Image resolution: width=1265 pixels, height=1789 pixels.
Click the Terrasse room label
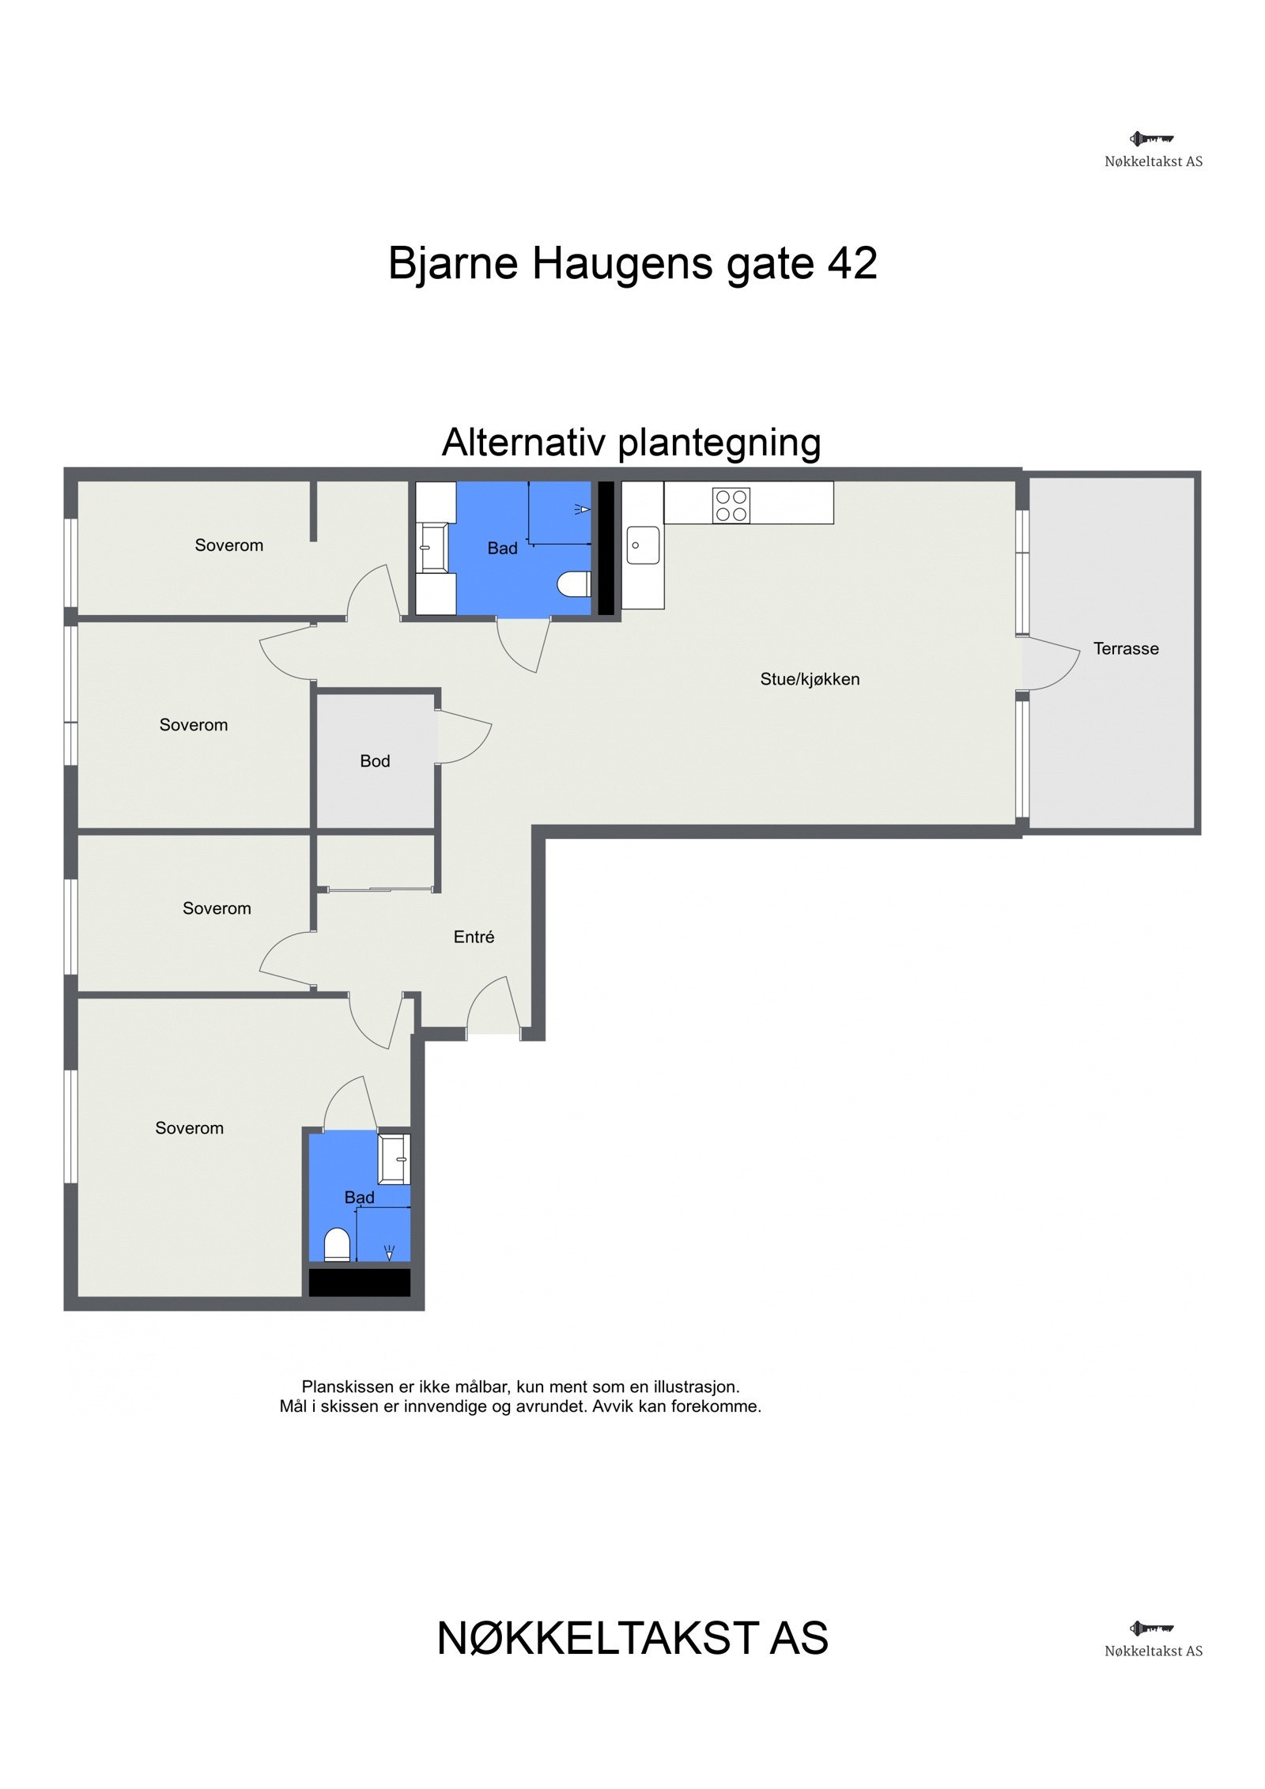[x=1125, y=649]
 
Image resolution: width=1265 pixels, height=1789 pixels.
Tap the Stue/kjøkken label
[x=809, y=679]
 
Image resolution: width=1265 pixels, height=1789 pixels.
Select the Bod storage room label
[x=375, y=761]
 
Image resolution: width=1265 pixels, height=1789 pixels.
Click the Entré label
[x=474, y=938]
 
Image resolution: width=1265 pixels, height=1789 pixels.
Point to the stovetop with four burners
[x=731, y=506]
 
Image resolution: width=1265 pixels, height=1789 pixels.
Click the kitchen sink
[x=643, y=545]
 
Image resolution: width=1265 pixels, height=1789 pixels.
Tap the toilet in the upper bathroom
[x=574, y=585]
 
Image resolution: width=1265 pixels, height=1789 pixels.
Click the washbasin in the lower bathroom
[x=395, y=1159]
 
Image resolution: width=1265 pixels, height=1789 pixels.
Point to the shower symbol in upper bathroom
[x=581, y=510]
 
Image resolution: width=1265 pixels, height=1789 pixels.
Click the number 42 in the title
[x=852, y=263]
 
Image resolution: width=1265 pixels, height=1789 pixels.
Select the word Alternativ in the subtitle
[x=524, y=442]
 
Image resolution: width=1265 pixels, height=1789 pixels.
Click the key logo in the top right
[x=1151, y=139]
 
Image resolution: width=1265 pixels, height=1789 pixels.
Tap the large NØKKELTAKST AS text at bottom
[x=632, y=1639]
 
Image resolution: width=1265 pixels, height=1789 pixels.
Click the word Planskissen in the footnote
[x=347, y=1387]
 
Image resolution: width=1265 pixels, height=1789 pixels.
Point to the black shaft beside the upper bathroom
[x=606, y=548]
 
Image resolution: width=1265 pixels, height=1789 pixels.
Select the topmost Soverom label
[x=228, y=545]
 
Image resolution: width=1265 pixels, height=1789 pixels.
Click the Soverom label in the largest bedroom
[x=189, y=1129]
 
